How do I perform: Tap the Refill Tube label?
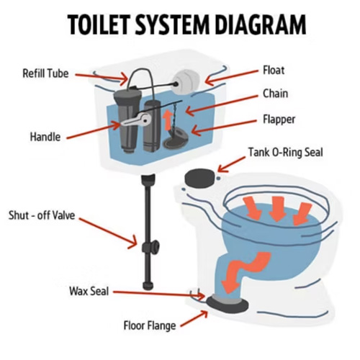click(x=45, y=73)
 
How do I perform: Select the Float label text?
click(x=274, y=71)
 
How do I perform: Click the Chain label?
click(x=275, y=94)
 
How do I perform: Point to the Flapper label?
click(x=279, y=120)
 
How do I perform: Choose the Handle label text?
click(x=45, y=137)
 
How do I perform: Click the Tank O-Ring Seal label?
click(x=285, y=152)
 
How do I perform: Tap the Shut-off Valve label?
click(x=42, y=215)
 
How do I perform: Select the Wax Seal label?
click(x=89, y=291)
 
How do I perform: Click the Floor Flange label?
click(x=150, y=325)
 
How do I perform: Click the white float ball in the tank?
click(x=186, y=81)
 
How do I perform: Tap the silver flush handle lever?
click(x=135, y=120)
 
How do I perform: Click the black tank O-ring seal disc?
click(x=199, y=178)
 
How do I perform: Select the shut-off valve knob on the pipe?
click(x=150, y=247)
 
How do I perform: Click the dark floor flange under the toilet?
click(x=228, y=304)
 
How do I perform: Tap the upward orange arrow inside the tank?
click(x=168, y=121)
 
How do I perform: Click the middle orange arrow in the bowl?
click(x=277, y=209)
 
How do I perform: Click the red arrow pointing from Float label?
click(x=232, y=78)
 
